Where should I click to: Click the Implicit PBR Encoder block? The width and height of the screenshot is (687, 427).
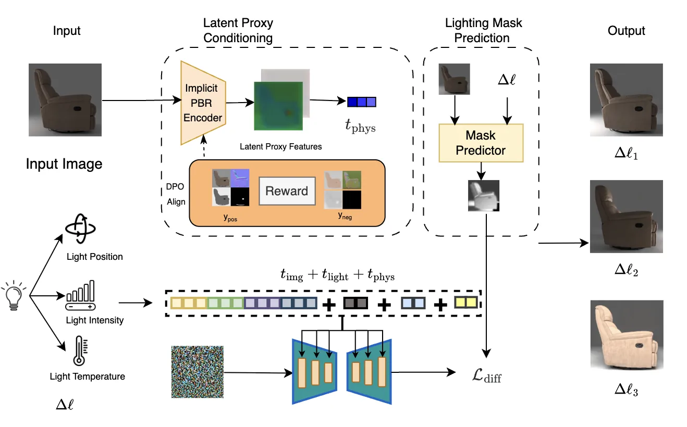pos(203,103)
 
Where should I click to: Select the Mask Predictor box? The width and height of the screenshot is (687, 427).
pos(481,143)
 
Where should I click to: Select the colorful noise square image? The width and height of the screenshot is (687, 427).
pos(197,372)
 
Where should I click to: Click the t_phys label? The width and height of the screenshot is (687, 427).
pos(360,127)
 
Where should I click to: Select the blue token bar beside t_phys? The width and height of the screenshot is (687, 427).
pos(361,102)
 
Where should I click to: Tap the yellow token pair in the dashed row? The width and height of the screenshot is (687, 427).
pos(465,302)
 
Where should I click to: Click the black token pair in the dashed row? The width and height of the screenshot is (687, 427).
pos(355,303)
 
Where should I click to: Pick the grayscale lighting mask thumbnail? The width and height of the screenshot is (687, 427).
pos(483,195)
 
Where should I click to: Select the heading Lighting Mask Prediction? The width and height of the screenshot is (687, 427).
pos(483,30)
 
